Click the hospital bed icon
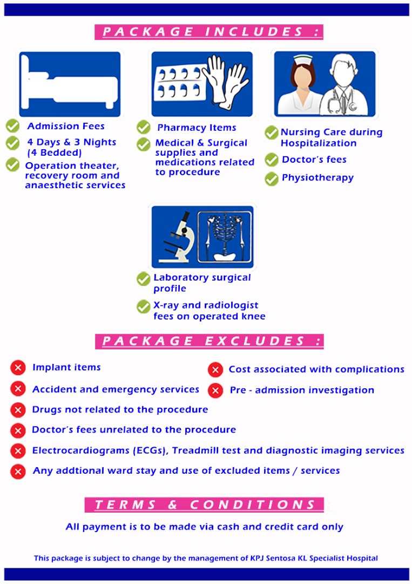pyautogui.click(x=70, y=83)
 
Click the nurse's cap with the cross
pyautogui.click(x=304, y=59)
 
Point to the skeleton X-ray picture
pyautogui.click(x=225, y=236)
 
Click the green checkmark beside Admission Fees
pyautogui.click(x=12, y=126)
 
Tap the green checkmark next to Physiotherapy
pyautogui.click(x=272, y=179)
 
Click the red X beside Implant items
pyautogui.click(x=18, y=368)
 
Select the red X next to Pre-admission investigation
pyautogui.click(x=215, y=391)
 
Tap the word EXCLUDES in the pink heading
pyautogui.click(x=254, y=341)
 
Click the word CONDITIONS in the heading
pyautogui.click(x=253, y=505)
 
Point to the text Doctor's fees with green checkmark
pyautogui.click(x=314, y=160)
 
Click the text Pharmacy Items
pyautogui.click(x=197, y=128)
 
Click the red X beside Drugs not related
pyautogui.click(x=18, y=410)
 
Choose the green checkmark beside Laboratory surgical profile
pyautogui.click(x=143, y=278)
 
